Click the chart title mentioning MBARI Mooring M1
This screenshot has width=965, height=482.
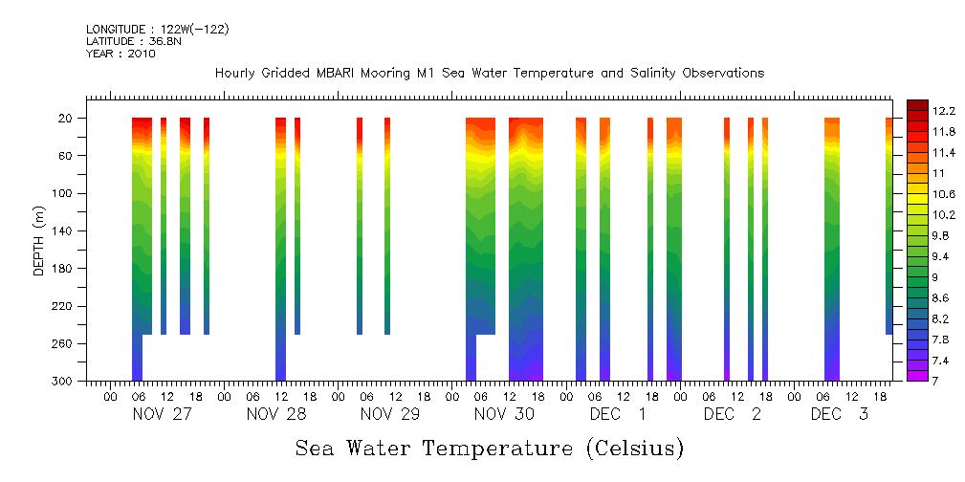tap(489, 74)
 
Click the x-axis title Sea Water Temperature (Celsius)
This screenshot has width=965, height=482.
tap(489, 448)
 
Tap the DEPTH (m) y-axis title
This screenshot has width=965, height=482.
tap(39, 240)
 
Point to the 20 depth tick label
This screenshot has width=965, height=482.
tap(67, 119)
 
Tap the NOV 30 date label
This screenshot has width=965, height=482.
tap(504, 414)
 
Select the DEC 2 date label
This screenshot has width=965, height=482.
tap(733, 414)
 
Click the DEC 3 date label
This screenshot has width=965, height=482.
tap(840, 414)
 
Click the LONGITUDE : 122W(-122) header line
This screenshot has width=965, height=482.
tap(157, 30)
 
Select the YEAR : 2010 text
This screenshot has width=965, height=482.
tap(121, 54)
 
